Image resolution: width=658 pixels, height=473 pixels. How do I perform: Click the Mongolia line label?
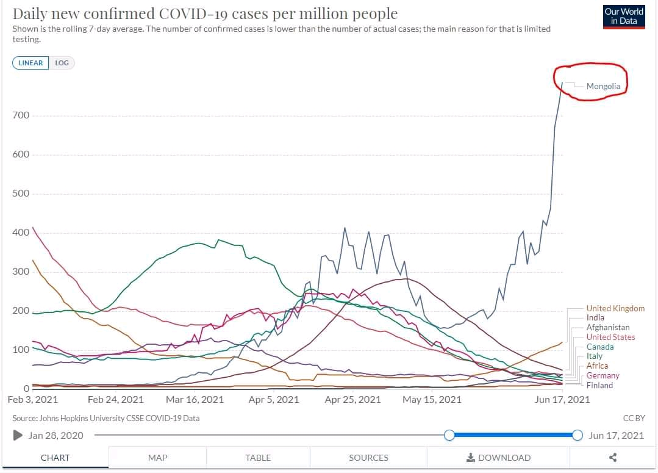coord(603,86)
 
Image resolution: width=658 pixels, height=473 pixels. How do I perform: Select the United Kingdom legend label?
coord(615,308)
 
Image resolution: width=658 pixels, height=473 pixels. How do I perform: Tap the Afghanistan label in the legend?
coord(607,328)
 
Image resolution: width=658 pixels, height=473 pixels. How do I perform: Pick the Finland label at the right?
coord(599,385)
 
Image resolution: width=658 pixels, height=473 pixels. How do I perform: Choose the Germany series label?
coord(603,375)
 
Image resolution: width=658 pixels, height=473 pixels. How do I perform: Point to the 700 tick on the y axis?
coord(21,115)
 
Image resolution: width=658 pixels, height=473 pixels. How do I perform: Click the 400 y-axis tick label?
coord(21,233)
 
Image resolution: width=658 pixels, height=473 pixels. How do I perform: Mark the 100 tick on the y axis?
coord(21,350)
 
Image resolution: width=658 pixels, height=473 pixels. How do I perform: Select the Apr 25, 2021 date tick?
coord(352,400)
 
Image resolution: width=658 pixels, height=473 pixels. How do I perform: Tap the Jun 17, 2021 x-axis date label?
coord(562,400)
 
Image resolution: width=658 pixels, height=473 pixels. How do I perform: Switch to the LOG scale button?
coord(62,63)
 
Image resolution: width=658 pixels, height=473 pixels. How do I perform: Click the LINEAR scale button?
coord(30,63)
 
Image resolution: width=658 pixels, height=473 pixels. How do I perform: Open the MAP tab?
coord(157,458)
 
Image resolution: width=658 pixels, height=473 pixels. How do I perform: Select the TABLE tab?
coord(258,458)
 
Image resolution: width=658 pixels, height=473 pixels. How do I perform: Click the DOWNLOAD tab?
coord(498,458)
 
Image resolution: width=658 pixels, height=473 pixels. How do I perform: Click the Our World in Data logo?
coord(623,16)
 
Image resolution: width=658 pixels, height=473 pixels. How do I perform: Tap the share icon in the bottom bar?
coord(613,458)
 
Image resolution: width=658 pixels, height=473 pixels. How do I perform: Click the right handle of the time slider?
coord(578,435)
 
